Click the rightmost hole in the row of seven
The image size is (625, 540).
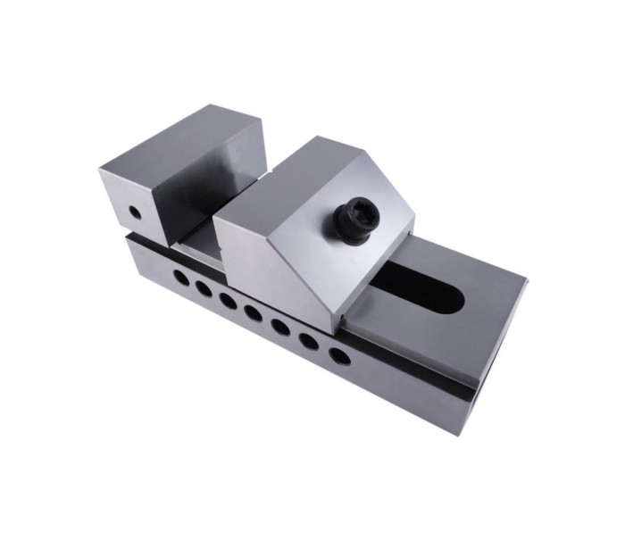click(x=337, y=355)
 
